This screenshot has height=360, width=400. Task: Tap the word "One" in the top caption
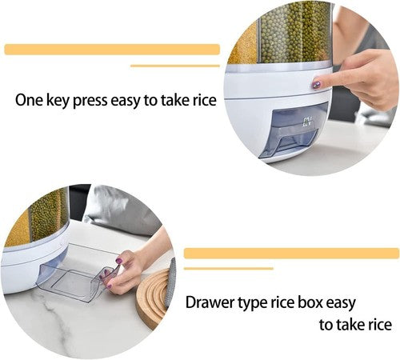30,101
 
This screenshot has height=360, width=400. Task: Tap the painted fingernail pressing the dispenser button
318,84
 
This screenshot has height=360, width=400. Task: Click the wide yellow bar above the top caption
112,50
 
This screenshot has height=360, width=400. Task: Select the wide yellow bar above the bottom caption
291,253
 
